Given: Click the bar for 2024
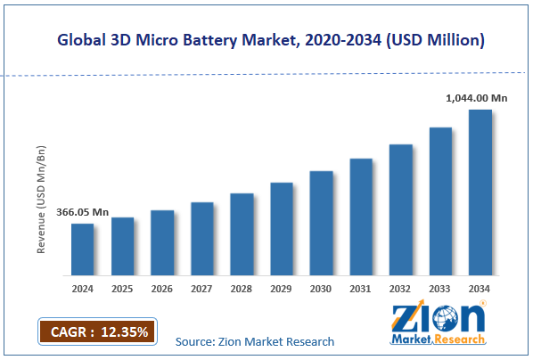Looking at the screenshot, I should pyautogui.click(x=82, y=249).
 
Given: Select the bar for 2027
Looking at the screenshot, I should pyautogui.click(x=202, y=238).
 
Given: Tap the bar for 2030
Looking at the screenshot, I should pyautogui.click(x=321, y=222).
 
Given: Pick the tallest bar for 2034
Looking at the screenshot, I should pyautogui.click(x=480, y=192).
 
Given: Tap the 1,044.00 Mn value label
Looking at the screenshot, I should pyautogui.click(x=477, y=99).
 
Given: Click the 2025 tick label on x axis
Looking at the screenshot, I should pyautogui.click(x=122, y=289).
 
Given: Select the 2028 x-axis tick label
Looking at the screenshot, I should pyautogui.click(x=242, y=289).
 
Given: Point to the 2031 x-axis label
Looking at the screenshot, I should pyautogui.click(x=361, y=289).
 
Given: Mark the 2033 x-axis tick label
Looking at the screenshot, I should pyautogui.click(x=440, y=289).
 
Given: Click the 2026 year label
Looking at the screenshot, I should pyautogui.click(x=162, y=289).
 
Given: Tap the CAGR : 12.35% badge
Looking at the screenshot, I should pyautogui.click(x=96, y=332).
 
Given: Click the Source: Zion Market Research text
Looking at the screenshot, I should pyautogui.click(x=255, y=341).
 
